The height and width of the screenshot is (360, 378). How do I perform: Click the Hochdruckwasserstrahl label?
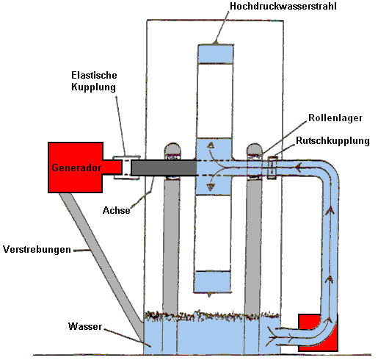[283, 6]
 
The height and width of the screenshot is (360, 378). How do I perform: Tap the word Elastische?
[94, 75]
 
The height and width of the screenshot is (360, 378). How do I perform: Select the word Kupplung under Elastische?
[93, 87]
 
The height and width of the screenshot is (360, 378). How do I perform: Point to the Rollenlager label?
[335, 118]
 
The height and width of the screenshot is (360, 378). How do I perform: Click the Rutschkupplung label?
[332, 141]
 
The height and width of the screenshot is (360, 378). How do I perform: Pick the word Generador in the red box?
[76, 168]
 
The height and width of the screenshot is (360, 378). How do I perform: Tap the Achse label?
[116, 210]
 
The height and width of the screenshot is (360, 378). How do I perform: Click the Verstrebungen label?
[37, 249]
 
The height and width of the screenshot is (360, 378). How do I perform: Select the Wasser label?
[85, 326]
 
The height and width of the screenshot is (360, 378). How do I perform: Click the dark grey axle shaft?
[164, 168]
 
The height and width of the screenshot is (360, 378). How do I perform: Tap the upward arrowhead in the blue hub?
[211, 145]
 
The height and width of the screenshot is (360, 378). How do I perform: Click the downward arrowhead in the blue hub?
[211, 187]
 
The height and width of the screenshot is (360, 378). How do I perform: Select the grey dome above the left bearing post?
[173, 148]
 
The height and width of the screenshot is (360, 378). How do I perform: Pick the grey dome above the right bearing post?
[255, 148]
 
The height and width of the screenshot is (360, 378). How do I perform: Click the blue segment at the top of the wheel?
[216, 54]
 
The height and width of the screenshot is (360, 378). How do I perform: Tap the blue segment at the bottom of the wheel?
[212, 281]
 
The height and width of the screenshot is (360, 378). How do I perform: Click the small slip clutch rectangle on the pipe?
[272, 168]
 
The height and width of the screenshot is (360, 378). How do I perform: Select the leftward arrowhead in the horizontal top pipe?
[298, 168]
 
